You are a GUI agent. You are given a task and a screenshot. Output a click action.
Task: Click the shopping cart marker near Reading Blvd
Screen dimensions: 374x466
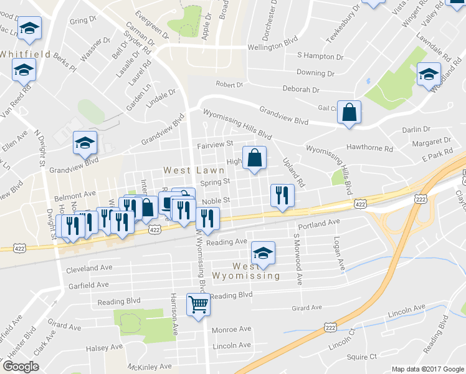(x=198, y=305)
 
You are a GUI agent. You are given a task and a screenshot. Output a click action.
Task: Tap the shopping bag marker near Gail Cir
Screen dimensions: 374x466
(x=349, y=113)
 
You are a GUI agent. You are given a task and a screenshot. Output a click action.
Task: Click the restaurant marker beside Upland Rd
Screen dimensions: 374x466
(x=282, y=196)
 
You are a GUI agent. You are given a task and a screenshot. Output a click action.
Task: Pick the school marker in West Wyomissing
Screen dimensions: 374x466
(x=263, y=253)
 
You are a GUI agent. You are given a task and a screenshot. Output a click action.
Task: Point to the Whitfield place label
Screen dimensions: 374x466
(x=25, y=54)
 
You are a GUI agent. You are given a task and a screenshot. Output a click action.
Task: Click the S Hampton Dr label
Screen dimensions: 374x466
(x=320, y=57)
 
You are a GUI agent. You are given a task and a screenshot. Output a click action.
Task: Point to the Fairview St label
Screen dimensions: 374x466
(x=214, y=144)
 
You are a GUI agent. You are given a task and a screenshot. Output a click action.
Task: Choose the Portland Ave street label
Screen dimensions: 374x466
(x=319, y=222)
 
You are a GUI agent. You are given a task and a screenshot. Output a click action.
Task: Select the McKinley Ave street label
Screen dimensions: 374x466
(x=149, y=367)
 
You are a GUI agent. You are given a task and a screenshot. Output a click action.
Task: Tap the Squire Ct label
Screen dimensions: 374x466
(x=362, y=357)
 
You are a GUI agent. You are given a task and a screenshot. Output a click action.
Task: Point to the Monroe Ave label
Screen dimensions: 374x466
(x=231, y=329)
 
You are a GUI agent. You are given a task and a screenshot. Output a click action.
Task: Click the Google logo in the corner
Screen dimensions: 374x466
(x=21, y=367)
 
